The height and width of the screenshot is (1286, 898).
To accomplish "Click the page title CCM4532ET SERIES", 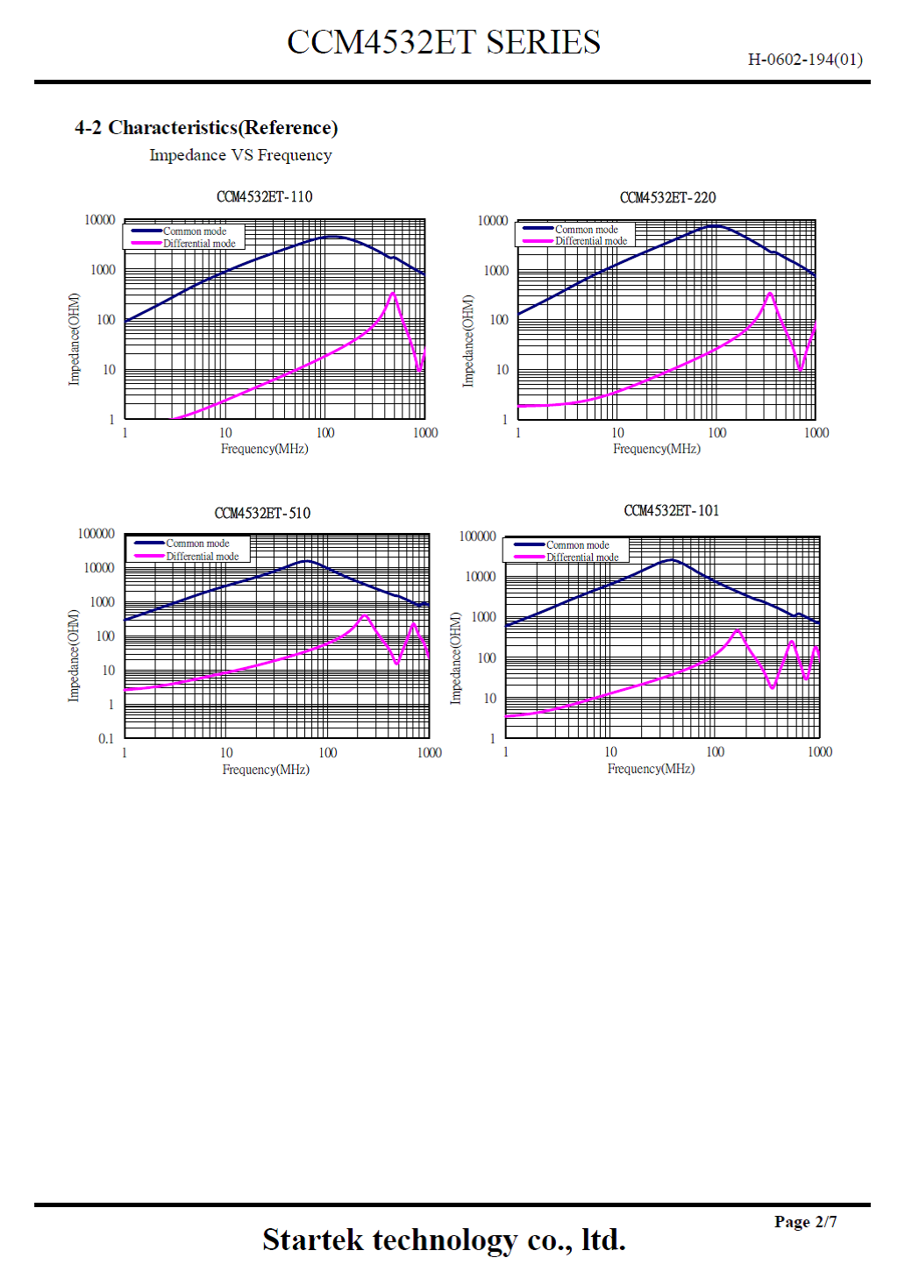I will point(444,42).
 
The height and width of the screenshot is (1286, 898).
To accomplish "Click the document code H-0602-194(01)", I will point(804,60).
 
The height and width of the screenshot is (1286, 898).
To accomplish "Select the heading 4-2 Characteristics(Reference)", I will point(206,128).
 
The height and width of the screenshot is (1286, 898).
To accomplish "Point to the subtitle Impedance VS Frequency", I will point(240,155).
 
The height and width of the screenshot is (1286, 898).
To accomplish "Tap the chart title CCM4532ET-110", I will point(264,196).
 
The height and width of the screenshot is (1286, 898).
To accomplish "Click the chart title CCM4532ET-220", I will point(667,197).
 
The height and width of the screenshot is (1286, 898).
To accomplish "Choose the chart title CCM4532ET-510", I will point(262,513).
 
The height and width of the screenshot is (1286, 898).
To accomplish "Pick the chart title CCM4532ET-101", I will point(671,510).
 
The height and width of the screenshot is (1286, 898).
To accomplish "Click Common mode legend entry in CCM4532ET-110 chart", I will point(194,231).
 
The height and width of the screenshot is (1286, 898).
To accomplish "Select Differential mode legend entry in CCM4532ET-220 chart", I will point(590,241).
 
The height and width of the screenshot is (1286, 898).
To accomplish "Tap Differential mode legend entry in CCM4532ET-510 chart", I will point(202,557).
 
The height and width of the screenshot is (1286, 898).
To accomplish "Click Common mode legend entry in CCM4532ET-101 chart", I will point(577,544).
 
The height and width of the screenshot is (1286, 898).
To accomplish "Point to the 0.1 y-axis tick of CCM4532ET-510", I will point(106,739).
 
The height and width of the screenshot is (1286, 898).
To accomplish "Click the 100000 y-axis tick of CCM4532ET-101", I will point(477,536).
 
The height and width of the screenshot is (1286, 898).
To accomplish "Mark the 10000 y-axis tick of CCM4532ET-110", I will point(100,220).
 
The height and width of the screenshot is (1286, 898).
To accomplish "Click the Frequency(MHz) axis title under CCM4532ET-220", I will point(656,449).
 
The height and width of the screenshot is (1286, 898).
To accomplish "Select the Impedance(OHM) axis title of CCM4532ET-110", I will point(75,339).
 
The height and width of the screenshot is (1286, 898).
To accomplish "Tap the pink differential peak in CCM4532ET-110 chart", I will point(393,293).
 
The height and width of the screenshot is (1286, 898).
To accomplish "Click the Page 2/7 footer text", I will point(805,1221).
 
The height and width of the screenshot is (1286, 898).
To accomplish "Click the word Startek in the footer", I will point(312,1240).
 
